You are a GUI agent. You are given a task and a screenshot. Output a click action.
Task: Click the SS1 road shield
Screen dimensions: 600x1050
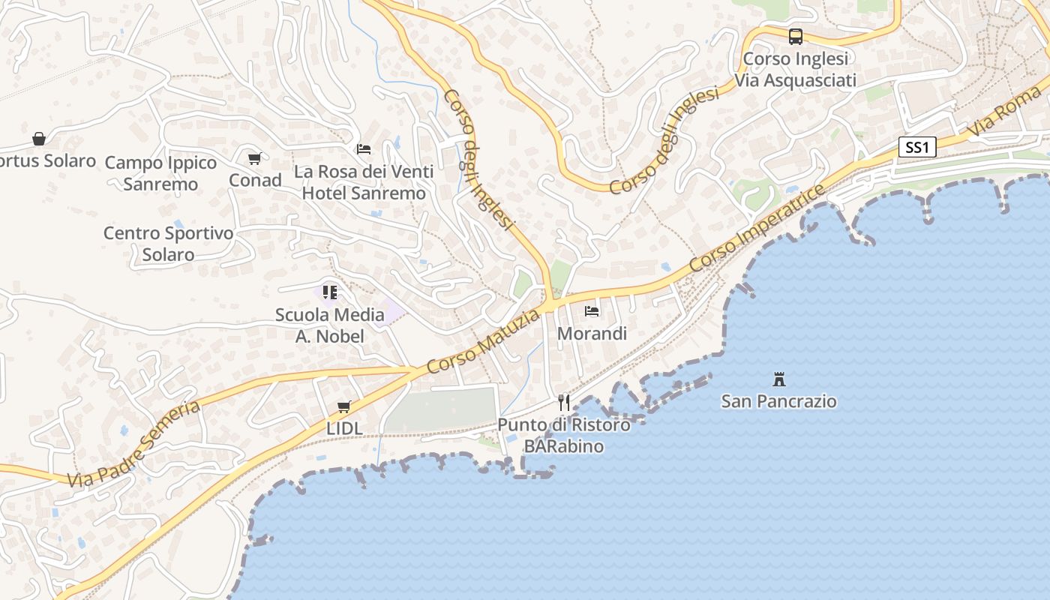(x=917, y=147)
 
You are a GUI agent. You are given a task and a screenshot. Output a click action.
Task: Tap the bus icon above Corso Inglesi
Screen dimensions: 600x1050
(x=795, y=36)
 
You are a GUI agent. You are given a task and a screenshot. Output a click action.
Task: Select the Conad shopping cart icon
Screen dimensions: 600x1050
(x=254, y=158)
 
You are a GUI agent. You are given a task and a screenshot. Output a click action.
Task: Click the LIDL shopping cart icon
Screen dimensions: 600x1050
(x=344, y=406)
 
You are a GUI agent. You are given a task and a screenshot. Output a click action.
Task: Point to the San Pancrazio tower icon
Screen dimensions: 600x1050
(x=779, y=379)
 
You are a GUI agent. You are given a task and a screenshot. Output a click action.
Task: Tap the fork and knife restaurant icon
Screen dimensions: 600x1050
(x=564, y=403)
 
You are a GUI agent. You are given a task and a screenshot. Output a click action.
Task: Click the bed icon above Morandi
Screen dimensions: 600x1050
(x=592, y=310)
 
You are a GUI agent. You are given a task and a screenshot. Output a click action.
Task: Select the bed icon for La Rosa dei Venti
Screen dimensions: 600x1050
(x=364, y=148)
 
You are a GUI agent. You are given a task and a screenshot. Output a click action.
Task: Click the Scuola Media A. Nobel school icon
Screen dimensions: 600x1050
(x=330, y=292)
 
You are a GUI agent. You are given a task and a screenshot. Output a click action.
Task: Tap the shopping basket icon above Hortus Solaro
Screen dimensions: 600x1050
(x=39, y=139)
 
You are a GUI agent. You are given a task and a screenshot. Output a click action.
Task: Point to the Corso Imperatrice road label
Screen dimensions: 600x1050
(x=757, y=228)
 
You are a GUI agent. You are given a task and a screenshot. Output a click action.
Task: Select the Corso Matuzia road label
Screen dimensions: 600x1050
(x=483, y=342)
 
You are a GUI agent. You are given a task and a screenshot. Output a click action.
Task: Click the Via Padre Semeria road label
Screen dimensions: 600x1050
(x=134, y=444)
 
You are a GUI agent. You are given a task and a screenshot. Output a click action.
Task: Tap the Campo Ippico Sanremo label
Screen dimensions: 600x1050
(x=160, y=173)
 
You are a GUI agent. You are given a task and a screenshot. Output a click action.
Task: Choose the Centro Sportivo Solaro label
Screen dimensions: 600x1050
(x=169, y=244)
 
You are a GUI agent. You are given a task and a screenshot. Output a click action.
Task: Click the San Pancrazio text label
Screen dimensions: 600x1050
(x=778, y=401)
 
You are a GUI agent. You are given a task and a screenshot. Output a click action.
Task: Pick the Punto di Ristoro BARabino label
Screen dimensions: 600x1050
(x=564, y=436)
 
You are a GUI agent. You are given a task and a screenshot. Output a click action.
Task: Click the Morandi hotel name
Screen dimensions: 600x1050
(x=592, y=334)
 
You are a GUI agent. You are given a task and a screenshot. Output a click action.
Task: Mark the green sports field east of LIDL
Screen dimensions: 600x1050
(x=441, y=409)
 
